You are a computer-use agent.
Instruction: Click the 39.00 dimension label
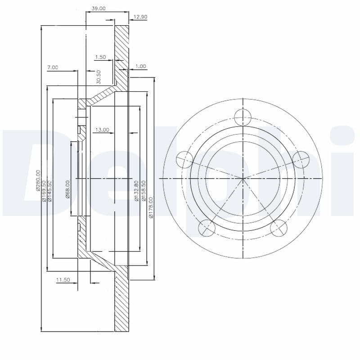click(99, 8)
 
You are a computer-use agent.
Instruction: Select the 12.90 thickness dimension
click(141, 17)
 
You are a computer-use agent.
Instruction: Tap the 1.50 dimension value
click(100, 57)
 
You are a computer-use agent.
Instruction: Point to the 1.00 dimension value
click(140, 66)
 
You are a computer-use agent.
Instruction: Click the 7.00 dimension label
click(53, 67)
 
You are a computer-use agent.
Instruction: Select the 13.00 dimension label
click(102, 130)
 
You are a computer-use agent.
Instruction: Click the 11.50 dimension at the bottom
click(63, 280)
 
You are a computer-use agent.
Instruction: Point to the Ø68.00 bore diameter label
click(67, 189)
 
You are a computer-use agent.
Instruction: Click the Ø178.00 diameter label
click(151, 207)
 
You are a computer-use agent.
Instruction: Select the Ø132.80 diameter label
click(136, 191)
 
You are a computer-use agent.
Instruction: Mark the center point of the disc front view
click(243, 179)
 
